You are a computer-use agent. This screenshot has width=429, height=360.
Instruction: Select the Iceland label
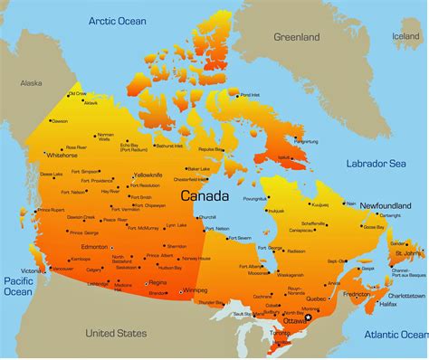click(x=405, y=37)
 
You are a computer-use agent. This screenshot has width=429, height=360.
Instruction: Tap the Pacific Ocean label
click(x=17, y=285)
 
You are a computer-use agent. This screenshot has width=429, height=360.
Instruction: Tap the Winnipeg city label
click(x=195, y=290)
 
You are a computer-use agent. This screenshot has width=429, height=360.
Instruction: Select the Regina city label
click(x=157, y=283)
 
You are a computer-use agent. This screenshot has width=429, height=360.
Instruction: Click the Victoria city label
click(x=32, y=270)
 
